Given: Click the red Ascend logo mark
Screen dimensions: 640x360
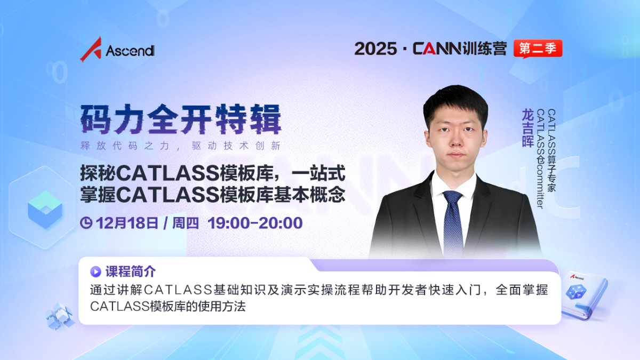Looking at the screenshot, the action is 91,49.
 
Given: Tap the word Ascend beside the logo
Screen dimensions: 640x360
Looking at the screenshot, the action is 130,51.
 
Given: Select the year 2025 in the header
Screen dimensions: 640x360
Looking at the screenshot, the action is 375,49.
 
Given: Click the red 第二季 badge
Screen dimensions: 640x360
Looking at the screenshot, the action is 538,49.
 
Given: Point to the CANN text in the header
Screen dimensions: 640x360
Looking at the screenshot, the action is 437,49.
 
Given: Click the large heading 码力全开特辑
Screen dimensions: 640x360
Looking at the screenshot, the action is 181,119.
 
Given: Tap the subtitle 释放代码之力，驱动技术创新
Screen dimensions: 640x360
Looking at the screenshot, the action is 181,146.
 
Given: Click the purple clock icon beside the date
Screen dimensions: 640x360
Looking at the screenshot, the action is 86,223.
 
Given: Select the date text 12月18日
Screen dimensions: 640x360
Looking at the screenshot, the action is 127,223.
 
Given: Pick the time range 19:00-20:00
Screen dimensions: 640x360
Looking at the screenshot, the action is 255,223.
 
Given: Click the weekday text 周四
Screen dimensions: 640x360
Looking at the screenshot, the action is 186,223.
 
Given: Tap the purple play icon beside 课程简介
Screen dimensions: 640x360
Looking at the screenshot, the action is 95,271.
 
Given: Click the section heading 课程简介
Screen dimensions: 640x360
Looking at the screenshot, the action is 131,271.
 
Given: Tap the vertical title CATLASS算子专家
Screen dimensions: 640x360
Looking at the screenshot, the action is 551,150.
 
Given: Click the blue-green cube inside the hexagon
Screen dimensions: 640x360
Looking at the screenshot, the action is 45,210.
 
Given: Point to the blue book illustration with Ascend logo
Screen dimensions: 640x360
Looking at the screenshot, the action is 583,295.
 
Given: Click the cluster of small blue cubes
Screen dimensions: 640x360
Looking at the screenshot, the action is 60,317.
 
